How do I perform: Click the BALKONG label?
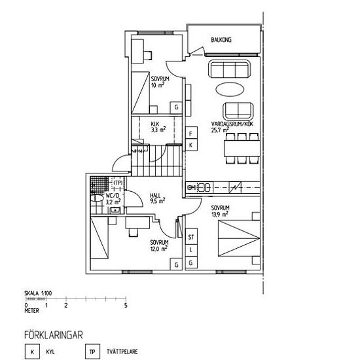[221, 40]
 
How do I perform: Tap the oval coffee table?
[230, 89]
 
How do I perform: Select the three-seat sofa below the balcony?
[229, 69]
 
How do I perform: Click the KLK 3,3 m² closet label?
[158, 127]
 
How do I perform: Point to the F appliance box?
[191, 133]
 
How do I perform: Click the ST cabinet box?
[191, 236]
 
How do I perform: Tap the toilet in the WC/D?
[97, 198]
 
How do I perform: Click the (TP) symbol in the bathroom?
[118, 183]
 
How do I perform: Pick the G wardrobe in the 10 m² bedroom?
[176, 107]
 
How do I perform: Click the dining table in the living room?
[242, 149]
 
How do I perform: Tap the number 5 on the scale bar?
[126, 306]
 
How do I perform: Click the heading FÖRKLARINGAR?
[53, 335]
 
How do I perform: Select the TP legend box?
[92, 351]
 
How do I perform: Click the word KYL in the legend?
[50, 351]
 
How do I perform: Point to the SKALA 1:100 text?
[38, 293]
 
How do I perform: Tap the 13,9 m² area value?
[220, 214]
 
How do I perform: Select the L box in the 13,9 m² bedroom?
[191, 250]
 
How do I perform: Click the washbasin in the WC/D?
[115, 210]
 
